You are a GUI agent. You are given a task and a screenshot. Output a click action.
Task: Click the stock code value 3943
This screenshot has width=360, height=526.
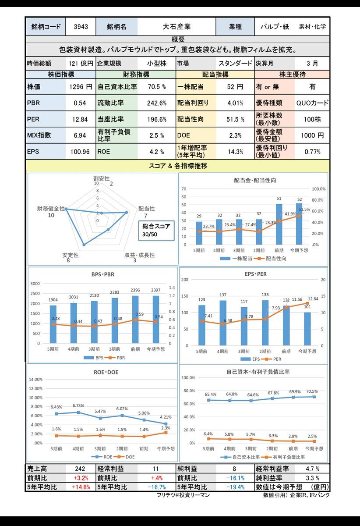coord(81,27)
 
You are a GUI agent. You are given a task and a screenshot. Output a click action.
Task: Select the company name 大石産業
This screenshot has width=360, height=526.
coord(176,27)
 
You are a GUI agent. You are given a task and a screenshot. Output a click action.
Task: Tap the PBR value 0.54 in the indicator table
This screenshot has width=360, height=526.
coord(80,103)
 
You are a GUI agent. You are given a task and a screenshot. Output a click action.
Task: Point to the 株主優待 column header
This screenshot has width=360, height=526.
coord(292,75)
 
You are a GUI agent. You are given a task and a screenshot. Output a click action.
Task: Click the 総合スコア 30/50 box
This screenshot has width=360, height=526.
coord(156,231)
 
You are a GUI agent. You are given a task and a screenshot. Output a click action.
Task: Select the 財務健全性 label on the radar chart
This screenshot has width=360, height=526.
coord(51,209)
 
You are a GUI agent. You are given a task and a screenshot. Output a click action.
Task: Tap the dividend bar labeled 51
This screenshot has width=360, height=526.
coord(279,224)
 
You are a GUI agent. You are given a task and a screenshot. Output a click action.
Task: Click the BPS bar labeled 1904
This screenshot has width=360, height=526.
coord(53,324)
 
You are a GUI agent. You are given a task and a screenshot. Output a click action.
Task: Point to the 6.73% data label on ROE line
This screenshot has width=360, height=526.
coord(78,405)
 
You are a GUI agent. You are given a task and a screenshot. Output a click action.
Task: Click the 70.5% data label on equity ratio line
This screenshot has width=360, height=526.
coord(311,391)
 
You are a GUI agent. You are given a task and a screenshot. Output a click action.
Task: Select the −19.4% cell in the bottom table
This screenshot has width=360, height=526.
coord(235,487)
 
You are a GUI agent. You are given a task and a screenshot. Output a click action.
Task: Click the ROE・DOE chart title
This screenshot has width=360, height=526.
coord(103,373)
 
